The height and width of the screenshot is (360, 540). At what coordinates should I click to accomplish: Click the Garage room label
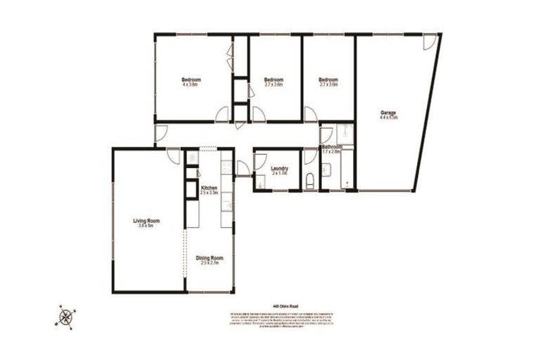pyautogui.click(x=389, y=113)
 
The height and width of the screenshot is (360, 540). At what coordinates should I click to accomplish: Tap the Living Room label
pyautogui.click(x=148, y=221)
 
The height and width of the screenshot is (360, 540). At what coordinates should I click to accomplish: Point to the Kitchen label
pyautogui.click(x=210, y=188)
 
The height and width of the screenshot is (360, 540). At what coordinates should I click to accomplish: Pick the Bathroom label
pyautogui.click(x=332, y=147)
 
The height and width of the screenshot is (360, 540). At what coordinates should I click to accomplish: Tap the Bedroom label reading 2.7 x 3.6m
pyautogui.click(x=328, y=79)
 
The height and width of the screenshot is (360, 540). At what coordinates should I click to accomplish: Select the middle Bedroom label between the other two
pyautogui.click(x=274, y=79)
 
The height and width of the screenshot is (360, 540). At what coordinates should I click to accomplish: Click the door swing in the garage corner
pyautogui.click(x=428, y=42)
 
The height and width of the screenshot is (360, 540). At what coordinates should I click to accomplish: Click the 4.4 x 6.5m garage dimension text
pyautogui.click(x=389, y=118)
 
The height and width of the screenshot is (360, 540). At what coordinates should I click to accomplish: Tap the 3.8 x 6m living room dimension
pyautogui.click(x=148, y=226)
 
